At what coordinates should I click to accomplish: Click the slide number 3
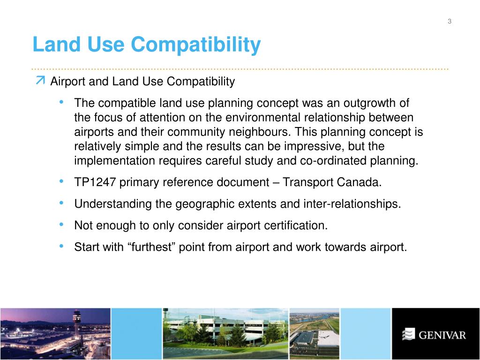[450, 21]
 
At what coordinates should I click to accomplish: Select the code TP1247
[95, 182]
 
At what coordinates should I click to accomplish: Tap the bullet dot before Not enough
[62, 225]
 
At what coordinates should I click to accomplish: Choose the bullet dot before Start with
[62, 246]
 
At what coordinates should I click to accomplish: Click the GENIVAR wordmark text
[442, 335]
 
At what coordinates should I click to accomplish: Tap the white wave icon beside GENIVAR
[409, 334]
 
